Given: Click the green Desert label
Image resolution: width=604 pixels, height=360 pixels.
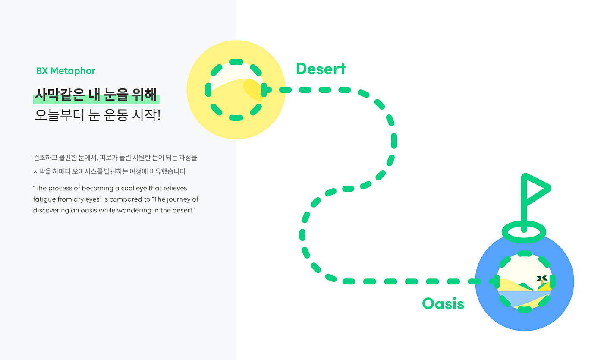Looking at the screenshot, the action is pos(321,69).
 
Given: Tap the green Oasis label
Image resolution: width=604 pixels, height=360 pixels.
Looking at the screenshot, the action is pos(443,304).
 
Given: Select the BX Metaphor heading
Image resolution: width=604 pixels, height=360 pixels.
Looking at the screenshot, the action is pos(66,71).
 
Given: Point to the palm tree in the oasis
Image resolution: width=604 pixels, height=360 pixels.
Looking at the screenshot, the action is pos(542,281).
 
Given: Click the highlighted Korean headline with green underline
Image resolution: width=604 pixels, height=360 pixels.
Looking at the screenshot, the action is pos(96,95).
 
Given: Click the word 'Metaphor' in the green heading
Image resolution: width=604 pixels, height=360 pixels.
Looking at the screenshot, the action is pos(73,71).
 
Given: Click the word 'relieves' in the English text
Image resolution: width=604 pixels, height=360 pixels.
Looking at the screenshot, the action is pos(174,188).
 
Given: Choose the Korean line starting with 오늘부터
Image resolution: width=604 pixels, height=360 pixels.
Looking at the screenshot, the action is pos(98,116).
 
